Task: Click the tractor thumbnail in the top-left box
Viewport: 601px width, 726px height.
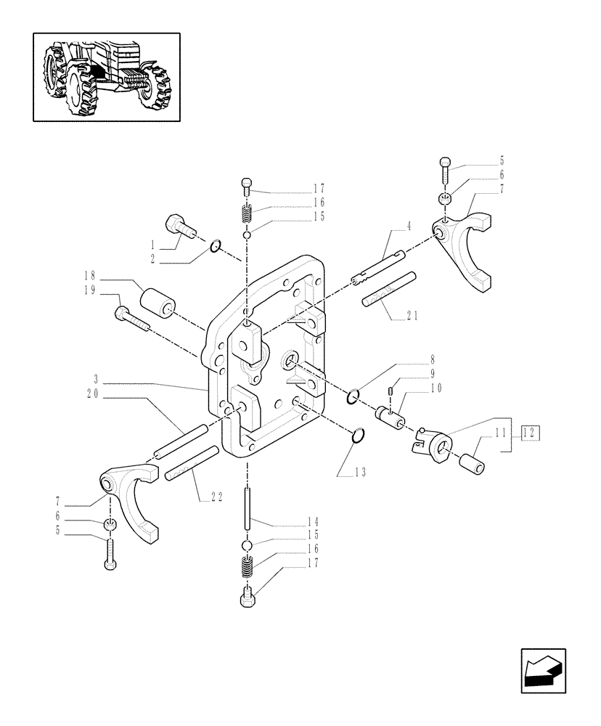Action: (106, 76)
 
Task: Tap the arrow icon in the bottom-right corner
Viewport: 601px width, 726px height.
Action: (542, 672)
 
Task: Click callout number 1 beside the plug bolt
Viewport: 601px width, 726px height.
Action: (153, 243)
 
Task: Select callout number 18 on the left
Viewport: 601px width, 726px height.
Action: (90, 276)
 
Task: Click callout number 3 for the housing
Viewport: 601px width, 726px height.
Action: (97, 378)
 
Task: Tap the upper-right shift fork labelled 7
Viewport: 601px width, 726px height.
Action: (467, 243)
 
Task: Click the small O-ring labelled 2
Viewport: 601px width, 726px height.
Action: (215, 249)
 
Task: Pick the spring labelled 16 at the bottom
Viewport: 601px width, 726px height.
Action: (246, 564)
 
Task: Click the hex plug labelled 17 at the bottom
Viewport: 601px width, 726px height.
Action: (246, 599)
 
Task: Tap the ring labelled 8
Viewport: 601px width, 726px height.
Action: (353, 395)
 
